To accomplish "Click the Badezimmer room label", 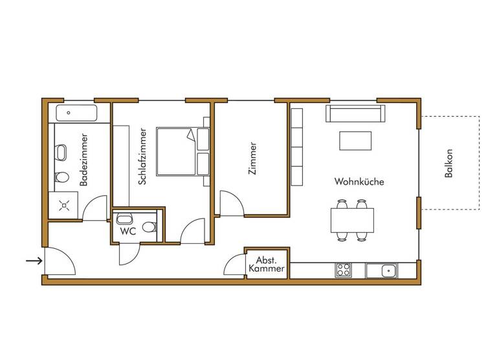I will pos(84,160).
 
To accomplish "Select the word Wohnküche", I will pos(359,182).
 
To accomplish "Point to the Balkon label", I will pos(449,164).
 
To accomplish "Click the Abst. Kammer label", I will pos(266,263).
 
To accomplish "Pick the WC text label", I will pos(127,231).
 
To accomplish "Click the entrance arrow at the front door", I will pos(34,261).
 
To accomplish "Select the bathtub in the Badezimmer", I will pos(76,113).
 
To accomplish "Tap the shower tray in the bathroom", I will pos(65,207).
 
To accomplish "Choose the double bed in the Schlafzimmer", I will pos(176,151).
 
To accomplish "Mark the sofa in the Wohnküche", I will pos(355,114).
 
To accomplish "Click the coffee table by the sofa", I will pos(355,141).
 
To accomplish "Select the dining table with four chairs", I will pos(353,220).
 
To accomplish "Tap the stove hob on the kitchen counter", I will pos(343,270).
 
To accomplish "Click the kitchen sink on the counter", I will pos(382,270).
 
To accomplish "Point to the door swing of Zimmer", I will pos(231,204).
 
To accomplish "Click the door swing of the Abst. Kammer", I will pos(234,266).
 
